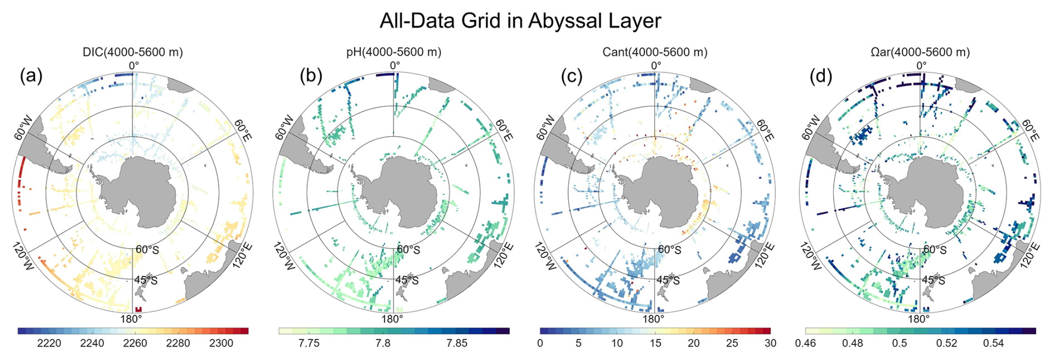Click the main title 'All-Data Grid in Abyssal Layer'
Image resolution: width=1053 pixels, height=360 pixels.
click(520, 21)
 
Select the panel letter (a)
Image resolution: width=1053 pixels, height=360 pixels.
click(31, 76)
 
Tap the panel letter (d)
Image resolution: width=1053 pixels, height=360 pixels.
click(820, 76)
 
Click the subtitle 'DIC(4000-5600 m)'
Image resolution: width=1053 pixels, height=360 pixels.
click(132, 52)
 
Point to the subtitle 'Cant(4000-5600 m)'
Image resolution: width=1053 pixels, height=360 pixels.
click(655, 52)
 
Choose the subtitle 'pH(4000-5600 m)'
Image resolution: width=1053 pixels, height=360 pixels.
click(393, 52)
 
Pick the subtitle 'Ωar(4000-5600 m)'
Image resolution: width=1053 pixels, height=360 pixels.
click(920, 52)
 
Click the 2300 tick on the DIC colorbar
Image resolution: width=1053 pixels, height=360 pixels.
click(221, 343)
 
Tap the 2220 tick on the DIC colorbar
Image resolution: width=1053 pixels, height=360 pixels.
click(49, 343)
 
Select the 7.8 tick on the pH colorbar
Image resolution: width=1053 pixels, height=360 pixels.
click(383, 343)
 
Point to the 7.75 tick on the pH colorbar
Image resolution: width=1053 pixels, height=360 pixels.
click(309, 343)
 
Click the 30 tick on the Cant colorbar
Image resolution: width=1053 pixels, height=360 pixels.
click(770, 343)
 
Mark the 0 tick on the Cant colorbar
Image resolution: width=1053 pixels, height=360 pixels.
click(540, 343)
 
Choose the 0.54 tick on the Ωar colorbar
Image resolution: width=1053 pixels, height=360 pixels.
click(993, 343)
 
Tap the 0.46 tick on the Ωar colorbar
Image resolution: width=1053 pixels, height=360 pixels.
click(805, 343)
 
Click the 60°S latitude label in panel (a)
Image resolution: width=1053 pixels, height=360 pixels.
click(147, 250)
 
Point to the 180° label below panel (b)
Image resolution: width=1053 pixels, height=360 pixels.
click(392, 319)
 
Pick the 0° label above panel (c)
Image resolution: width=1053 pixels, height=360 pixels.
click(656, 66)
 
